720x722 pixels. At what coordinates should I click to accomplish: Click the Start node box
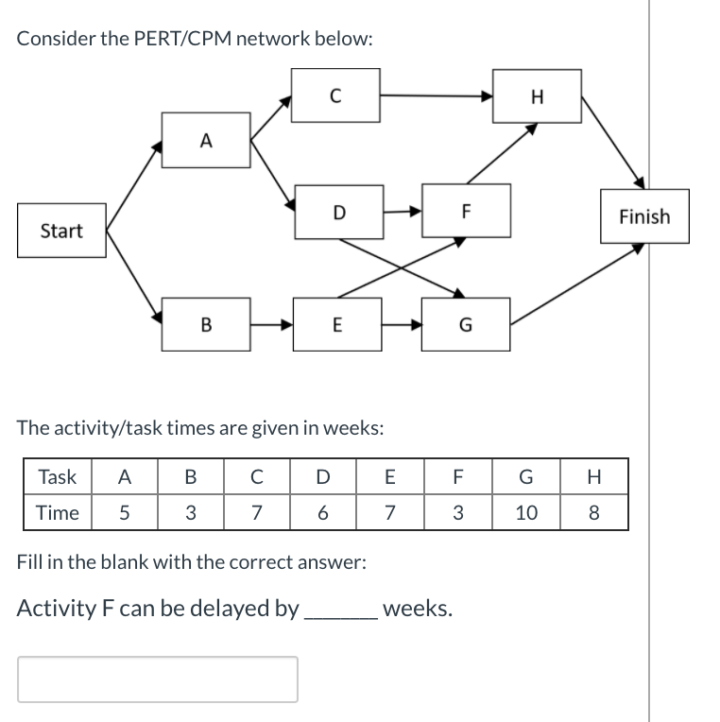point(61,231)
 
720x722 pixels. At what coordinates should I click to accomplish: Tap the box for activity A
point(206,141)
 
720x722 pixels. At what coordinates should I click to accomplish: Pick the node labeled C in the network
point(335,95)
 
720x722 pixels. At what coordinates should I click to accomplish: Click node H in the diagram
point(538,95)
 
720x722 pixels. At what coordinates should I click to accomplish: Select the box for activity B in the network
point(206,324)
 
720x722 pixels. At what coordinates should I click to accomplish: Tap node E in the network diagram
point(336,324)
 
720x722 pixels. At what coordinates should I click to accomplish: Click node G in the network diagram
point(466,324)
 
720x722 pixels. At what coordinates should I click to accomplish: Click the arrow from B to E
point(272,324)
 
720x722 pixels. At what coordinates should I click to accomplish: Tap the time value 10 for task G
point(527,513)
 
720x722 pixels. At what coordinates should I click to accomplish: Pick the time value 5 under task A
point(122,513)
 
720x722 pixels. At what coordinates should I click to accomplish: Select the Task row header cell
point(57,477)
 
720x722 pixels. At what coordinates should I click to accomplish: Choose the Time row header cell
point(57,513)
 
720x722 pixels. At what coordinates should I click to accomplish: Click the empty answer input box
point(158,679)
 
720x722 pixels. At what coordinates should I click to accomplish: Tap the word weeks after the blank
point(417,608)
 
